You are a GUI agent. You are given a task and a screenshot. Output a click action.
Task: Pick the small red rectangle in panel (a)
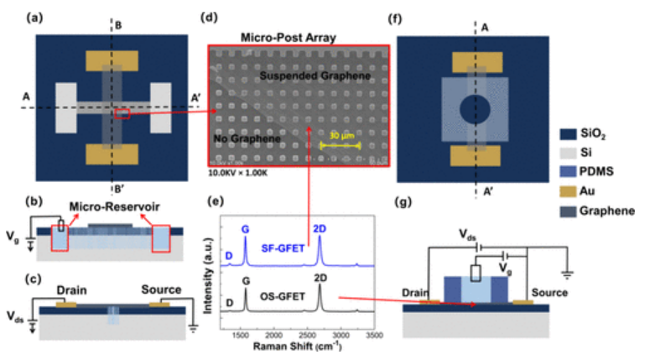coord(122,114)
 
